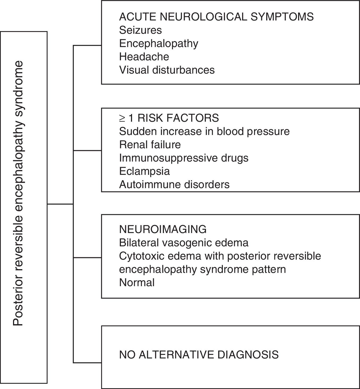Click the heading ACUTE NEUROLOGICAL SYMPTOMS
tap(216, 17)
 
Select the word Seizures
tap(140, 30)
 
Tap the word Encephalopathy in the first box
tap(159, 44)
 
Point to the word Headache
tap(144, 57)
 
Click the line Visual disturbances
tap(167, 70)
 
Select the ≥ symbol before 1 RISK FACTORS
tap(122, 118)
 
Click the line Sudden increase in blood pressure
tap(204, 131)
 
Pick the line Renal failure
tap(150, 145)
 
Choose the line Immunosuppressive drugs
tap(184, 158)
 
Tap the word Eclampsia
tap(144, 171)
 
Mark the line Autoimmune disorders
tap(174, 184)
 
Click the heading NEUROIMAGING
tap(163, 229)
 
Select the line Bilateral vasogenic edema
tap(184, 243)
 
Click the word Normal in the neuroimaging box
tap(137, 282)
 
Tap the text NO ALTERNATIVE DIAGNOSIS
tap(199, 355)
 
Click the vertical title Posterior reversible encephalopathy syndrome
tap(18, 193)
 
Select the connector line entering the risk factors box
tap(87, 150)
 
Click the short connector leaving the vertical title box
tap(60, 204)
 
